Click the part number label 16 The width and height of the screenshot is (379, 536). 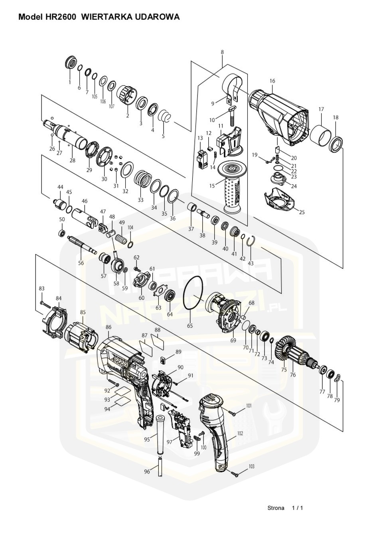pyautogui.click(x=272, y=81)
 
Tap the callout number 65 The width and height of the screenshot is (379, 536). pyautogui.click(x=190, y=326)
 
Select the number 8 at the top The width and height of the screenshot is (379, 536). pyautogui.click(x=222, y=52)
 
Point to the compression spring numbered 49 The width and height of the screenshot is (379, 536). pyautogui.click(x=121, y=239)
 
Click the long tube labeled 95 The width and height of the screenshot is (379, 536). pyautogui.click(x=160, y=434)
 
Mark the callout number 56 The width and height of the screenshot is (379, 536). pyautogui.click(x=81, y=263)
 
